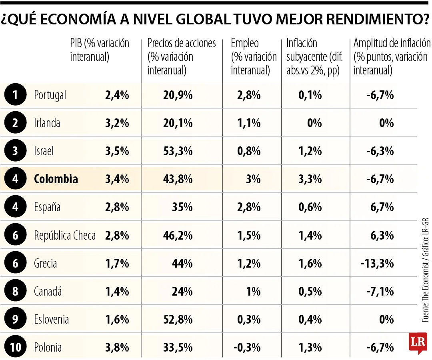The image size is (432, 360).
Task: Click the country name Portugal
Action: tap(50, 95)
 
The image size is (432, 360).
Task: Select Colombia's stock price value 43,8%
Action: tap(178, 179)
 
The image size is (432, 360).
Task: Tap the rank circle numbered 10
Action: tap(15, 347)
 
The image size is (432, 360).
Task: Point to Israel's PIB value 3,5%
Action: tap(117, 151)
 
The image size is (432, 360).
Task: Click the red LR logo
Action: tap(418, 343)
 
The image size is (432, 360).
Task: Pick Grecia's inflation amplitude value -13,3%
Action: tap(377, 263)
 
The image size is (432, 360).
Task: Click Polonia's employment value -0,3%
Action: tap(247, 347)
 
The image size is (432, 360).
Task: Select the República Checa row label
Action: tap(65, 235)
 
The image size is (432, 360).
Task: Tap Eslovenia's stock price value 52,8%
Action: tap(178, 319)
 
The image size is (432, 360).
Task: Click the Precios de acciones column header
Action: tap(181, 57)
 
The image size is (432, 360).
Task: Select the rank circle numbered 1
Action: tap(15, 95)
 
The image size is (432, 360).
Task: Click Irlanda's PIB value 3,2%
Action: tap(117, 123)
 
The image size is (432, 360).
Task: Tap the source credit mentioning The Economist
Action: tap(425, 270)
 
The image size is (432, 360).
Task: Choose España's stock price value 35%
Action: tap(183, 207)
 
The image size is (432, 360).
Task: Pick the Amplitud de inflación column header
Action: tap(392, 57)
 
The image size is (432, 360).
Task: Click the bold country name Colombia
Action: tap(56, 179)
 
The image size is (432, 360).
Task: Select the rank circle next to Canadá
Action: tap(15, 291)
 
